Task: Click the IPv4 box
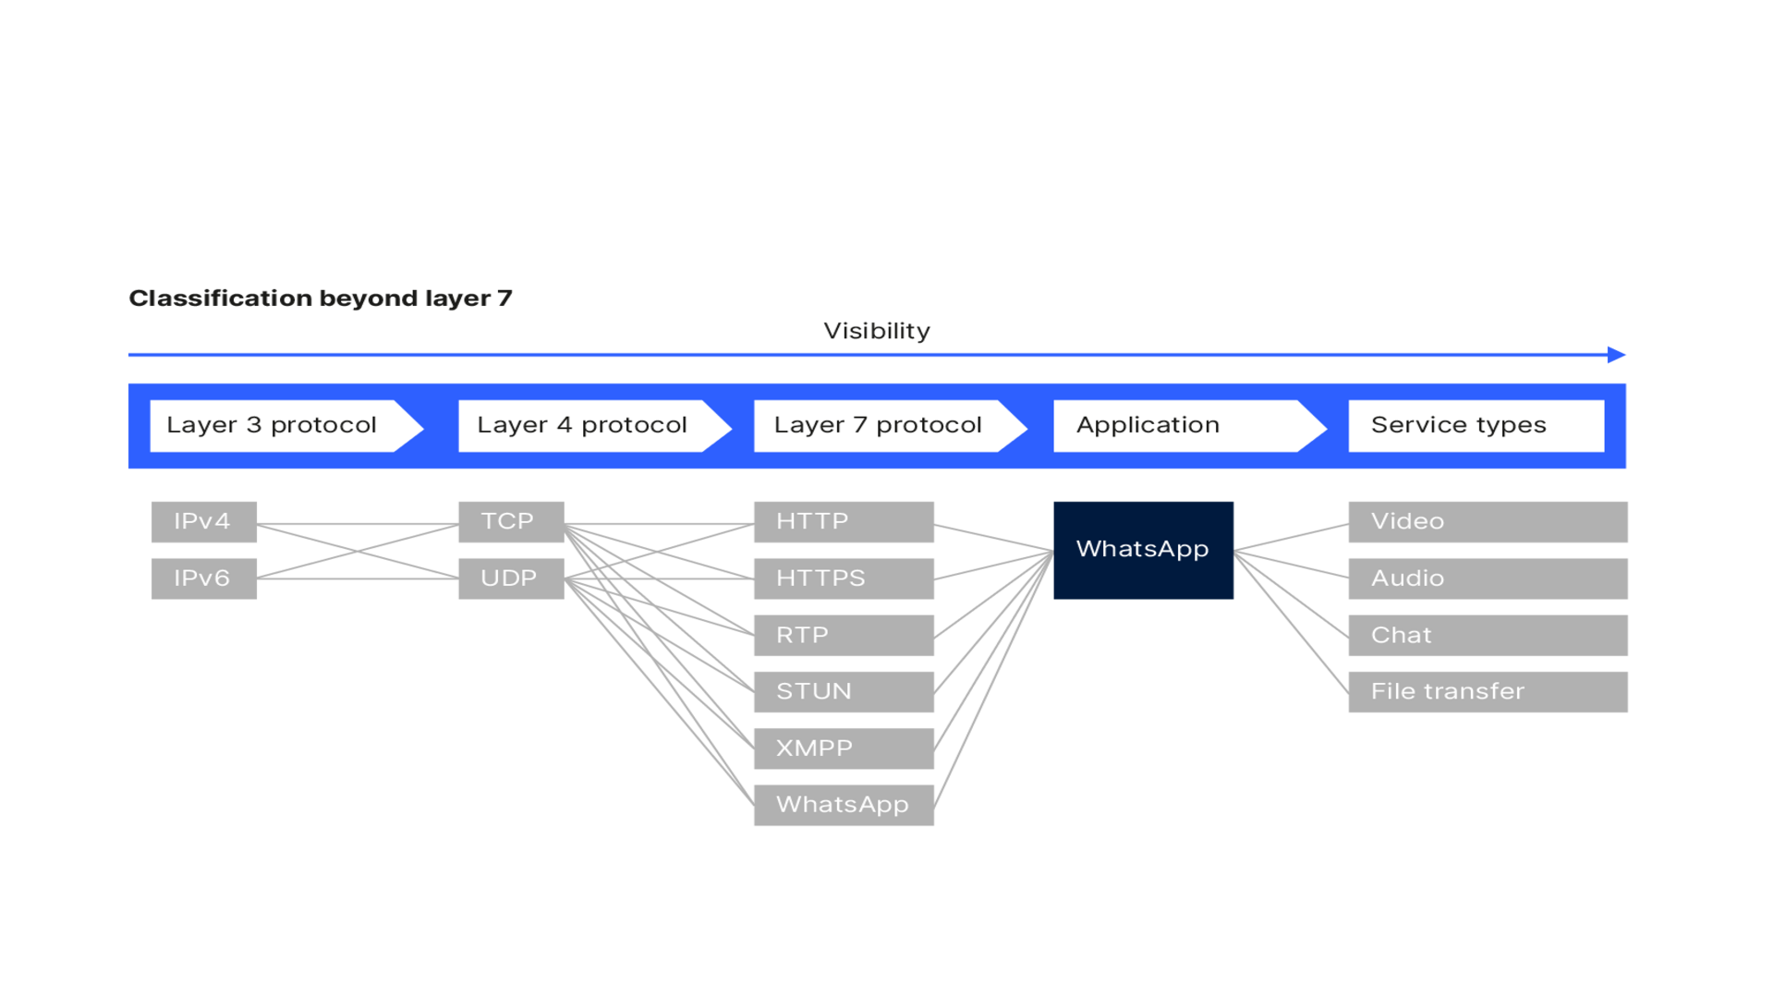click(x=203, y=522)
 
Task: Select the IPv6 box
click(x=203, y=578)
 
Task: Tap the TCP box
click(x=510, y=522)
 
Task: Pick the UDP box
click(x=510, y=578)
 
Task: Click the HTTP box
click(x=844, y=522)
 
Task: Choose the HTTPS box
click(x=844, y=578)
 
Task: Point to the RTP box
click(x=844, y=636)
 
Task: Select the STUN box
click(x=844, y=692)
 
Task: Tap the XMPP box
click(x=844, y=748)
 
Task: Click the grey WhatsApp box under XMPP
click(x=844, y=805)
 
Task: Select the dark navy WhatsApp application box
click(x=1143, y=551)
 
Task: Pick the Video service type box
click(x=1488, y=522)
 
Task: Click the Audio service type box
click(x=1488, y=578)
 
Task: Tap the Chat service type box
click(x=1488, y=636)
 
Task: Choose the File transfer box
click(x=1488, y=692)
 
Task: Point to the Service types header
click(x=1476, y=426)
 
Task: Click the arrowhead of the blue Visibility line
click(x=1617, y=355)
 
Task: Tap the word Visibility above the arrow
click(x=877, y=331)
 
